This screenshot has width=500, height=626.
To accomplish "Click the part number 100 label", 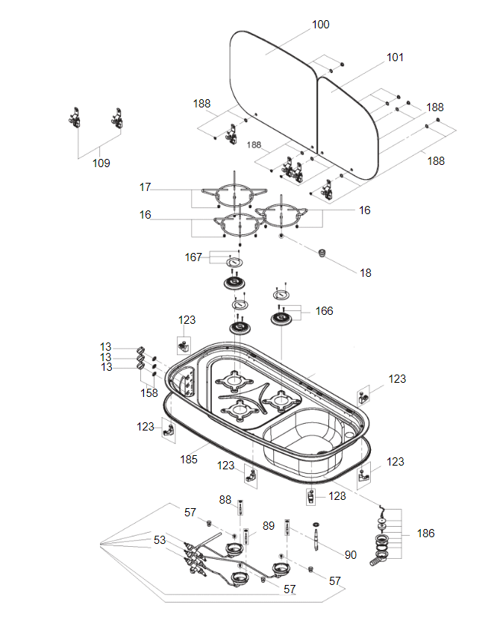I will (x=320, y=25).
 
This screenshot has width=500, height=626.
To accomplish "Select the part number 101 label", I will (x=395, y=57).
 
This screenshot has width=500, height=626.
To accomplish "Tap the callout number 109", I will (x=101, y=163).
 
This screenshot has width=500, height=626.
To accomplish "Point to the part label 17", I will (x=146, y=187).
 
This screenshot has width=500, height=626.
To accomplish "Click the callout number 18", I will (x=365, y=273).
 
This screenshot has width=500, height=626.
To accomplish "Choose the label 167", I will (x=194, y=257).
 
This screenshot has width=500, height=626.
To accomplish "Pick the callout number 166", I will (x=324, y=311).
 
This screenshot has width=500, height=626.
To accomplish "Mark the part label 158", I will (x=150, y=392).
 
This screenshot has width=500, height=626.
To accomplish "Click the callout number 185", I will (x=189, y=460).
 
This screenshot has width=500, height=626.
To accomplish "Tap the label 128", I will (x=337, y=495).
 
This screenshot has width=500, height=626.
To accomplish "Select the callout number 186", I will (x=426, y=533).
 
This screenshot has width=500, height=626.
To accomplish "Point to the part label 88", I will (x=225, y=499).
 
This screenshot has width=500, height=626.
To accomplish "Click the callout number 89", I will (x=269, y=526).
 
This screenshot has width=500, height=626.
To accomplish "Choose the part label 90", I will (x=351, y=555).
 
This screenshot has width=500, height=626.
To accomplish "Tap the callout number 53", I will (x=160, y=539).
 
